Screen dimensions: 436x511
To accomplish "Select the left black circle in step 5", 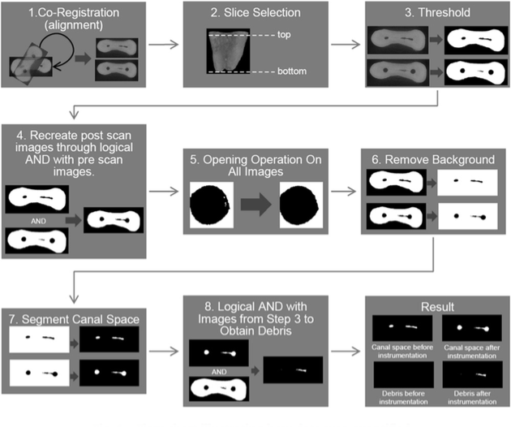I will tap(211, 205).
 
